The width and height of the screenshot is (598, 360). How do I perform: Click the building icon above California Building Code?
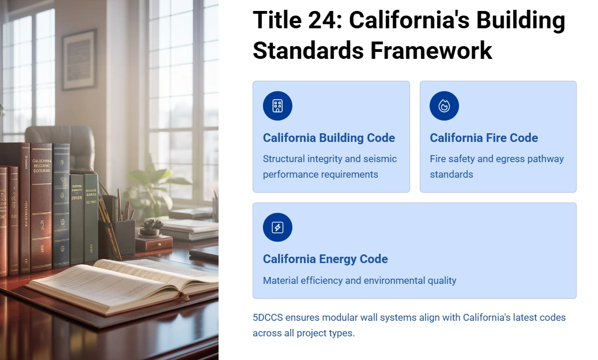coord(277,106)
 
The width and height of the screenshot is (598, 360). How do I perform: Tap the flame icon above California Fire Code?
coord(444,106)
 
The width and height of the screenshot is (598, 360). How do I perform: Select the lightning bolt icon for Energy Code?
coord(277,227)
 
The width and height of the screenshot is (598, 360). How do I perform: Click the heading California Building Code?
coord(329,138)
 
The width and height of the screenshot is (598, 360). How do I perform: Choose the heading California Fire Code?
coord(484,138)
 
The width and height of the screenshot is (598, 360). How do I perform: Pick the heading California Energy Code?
coord(325,259)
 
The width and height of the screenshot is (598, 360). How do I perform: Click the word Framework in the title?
coord(431,50)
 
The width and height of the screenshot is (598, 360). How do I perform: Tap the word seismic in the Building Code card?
coord(379,159)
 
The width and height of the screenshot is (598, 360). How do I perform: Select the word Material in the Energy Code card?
coord(281,280)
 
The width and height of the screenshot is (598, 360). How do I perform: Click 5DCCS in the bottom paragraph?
coord(268,317)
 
